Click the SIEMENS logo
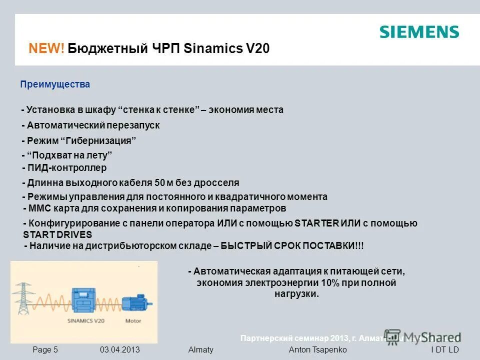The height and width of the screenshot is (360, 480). [x=419, y=32]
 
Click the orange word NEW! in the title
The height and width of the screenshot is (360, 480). [x=46, y=48]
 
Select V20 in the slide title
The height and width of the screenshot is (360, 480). [x=257, y=48]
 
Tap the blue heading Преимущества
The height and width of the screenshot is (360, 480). [x=55, y=84]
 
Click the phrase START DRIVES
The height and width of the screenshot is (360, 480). [x=57, y=234]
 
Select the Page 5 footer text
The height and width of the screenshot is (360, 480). [x=45, y=350]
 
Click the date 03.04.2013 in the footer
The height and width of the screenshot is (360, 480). [x=119, y=350]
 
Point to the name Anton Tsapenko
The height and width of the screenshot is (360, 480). [x=317, y=350]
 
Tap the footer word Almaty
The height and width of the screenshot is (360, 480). [x=200, y=350]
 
